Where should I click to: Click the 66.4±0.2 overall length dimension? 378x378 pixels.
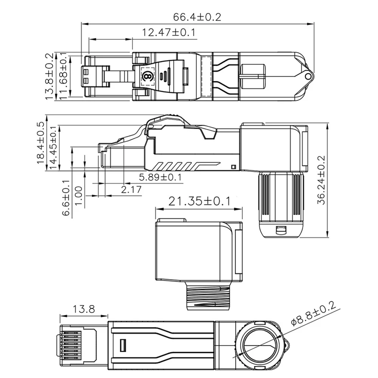point(197,17)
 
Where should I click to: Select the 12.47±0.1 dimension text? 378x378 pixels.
point(169,33)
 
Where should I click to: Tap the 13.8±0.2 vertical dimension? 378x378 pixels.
point(50,77)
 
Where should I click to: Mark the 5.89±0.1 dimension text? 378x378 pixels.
point(160,177)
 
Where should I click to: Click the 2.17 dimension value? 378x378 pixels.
point(131,189)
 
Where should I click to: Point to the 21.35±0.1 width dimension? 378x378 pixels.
point(199,201)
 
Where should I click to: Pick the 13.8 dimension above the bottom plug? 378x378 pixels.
point(84,309)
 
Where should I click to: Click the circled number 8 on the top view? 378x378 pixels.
point(147,76)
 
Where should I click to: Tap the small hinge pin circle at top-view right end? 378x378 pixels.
point(308,76)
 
